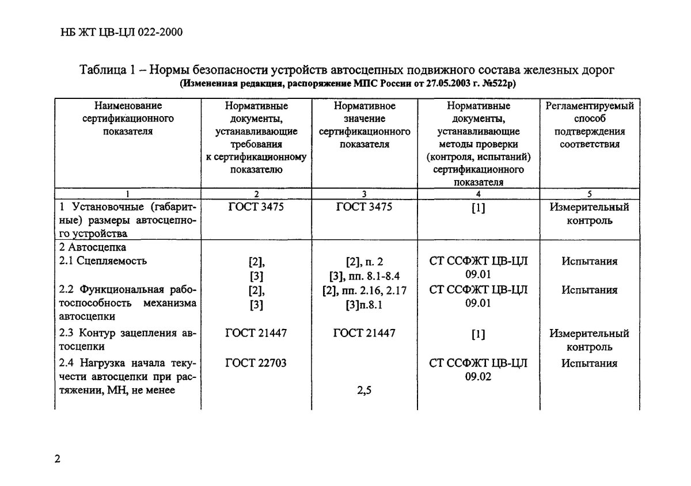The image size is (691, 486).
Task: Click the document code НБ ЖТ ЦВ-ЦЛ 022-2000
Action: coord(121,32)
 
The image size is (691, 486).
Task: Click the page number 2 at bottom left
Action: coord(57,459)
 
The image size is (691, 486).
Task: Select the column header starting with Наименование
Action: coord(128,118)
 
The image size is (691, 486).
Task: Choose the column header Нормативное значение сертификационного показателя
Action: coord(365,125)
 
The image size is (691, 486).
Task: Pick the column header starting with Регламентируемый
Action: coord(590,125)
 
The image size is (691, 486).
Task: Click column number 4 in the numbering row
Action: coord(479,194)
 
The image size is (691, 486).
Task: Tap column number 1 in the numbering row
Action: coord(128,194)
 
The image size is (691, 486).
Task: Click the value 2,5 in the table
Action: coord(364,392)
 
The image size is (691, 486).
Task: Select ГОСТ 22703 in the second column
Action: coord(256,363)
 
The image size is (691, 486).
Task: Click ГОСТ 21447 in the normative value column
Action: coord(364,333)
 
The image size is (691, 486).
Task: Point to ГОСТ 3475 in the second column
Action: coord(256,206)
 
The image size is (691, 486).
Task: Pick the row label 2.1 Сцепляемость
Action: coord(104,261)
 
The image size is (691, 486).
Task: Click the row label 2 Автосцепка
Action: coord(93,247)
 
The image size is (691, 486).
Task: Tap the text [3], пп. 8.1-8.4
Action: coord(365,275)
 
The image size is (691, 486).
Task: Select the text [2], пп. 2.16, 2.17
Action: coord(365,290)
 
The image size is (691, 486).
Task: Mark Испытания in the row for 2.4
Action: coord(589,363)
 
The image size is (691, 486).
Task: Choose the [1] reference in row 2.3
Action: coord(478,334)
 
